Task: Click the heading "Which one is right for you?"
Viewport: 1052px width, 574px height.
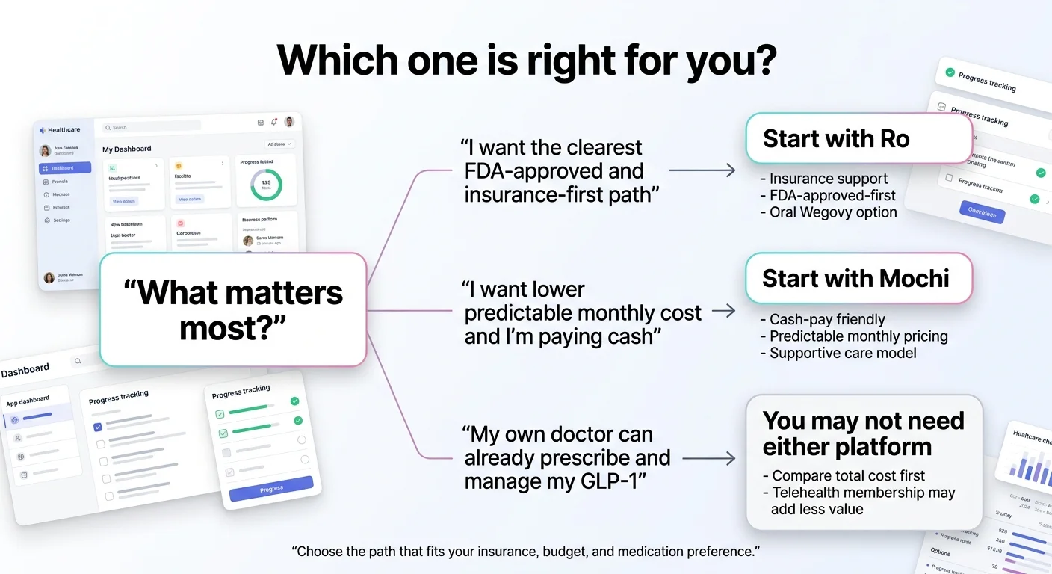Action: pos(526,60)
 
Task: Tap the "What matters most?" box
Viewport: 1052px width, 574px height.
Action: pos(233,309)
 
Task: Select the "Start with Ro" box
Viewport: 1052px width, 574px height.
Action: pos(858,138)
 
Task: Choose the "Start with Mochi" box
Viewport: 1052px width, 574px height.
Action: pos(858,278)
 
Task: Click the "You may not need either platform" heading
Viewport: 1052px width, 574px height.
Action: pos(863,433)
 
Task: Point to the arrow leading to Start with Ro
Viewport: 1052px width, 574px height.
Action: pos(702,170)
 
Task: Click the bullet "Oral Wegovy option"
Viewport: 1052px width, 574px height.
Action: pos(832,212)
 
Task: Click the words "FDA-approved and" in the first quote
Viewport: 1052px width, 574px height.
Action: pos(554,171)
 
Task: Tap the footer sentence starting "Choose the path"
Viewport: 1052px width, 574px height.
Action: pos(525,552)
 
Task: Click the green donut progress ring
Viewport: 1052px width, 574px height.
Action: pos(266,183)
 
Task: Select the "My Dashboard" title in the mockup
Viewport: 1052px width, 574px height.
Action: pos(127,149)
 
